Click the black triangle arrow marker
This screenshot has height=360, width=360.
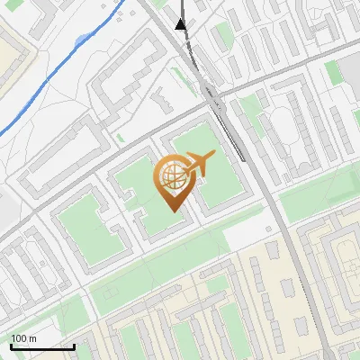(x=181, y=24)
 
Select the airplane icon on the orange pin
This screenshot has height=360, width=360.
(x=197, y=165)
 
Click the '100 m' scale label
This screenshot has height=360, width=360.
(x=23, y=338)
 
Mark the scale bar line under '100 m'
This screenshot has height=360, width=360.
(x=41, y=346)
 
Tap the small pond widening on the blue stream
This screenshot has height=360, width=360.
(x=84, y=40)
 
